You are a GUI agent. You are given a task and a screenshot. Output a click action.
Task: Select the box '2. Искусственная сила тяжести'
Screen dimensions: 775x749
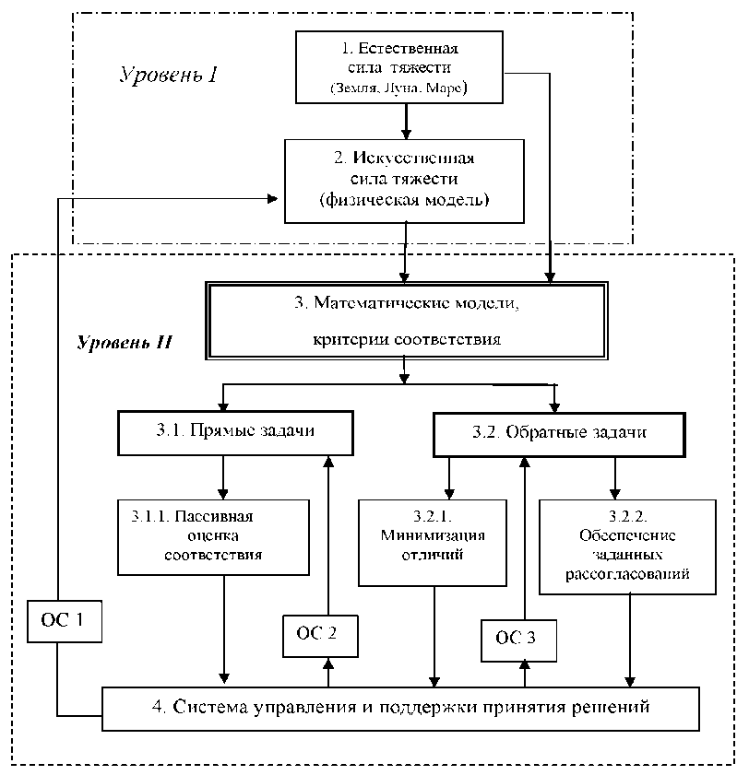click(x=405, y=181)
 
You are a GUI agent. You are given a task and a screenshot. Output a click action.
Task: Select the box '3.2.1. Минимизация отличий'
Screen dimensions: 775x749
click(x=433, y=543)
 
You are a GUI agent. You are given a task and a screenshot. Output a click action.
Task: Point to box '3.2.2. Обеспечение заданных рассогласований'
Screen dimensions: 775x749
click(x=628, y=546)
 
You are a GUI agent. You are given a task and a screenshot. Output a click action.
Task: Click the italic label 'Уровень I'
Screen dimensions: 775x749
click(x=168, y=75)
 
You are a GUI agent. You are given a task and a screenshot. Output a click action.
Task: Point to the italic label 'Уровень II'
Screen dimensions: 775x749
click(x=125, y=343)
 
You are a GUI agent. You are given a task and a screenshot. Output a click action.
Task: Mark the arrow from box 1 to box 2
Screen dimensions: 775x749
click(x=406, y=121)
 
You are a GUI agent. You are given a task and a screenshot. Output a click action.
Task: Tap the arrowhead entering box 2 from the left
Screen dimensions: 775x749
click(x=274, y=199)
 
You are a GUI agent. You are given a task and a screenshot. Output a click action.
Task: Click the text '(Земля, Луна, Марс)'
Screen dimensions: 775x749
click(x=398, y=89)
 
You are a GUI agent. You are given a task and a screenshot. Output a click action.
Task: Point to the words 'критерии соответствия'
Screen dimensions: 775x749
click(x=406, y=338)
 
